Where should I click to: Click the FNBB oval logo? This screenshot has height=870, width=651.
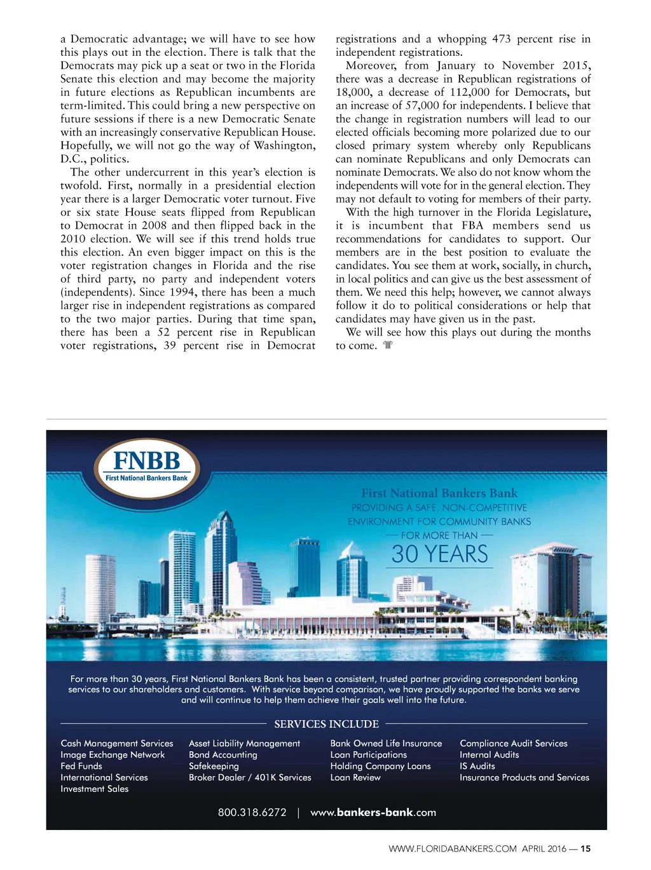coord(147,467)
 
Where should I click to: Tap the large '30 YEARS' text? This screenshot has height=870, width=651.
coord(440,554)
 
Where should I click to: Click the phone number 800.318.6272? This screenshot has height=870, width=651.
coord(252,812)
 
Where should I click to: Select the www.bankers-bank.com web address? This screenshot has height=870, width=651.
coord(373,812)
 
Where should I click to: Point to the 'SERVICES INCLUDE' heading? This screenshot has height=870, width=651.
coord(326,724)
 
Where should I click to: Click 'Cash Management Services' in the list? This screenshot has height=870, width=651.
coord(117,743)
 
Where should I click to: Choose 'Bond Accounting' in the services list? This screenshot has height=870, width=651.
coord(223,754)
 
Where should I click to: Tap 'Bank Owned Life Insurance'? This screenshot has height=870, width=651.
coord(386,743)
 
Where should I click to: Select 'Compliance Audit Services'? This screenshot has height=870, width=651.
coord(514,743)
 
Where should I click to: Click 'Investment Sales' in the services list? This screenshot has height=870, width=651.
coord(95,789)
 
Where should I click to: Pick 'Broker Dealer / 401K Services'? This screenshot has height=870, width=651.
coord(250,777)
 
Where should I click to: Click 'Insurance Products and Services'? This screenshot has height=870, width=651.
coord(524,777)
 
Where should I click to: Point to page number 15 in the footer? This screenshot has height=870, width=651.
coord(586,848)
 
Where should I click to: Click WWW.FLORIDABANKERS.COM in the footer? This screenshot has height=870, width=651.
coord(453,848)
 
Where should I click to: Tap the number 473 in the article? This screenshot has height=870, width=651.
coord(501,39)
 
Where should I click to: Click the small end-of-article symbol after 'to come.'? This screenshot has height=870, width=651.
coord(388,345)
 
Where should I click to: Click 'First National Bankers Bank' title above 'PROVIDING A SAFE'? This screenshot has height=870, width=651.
coord(439,493)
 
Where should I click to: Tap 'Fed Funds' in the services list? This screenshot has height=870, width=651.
coord(81,766)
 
